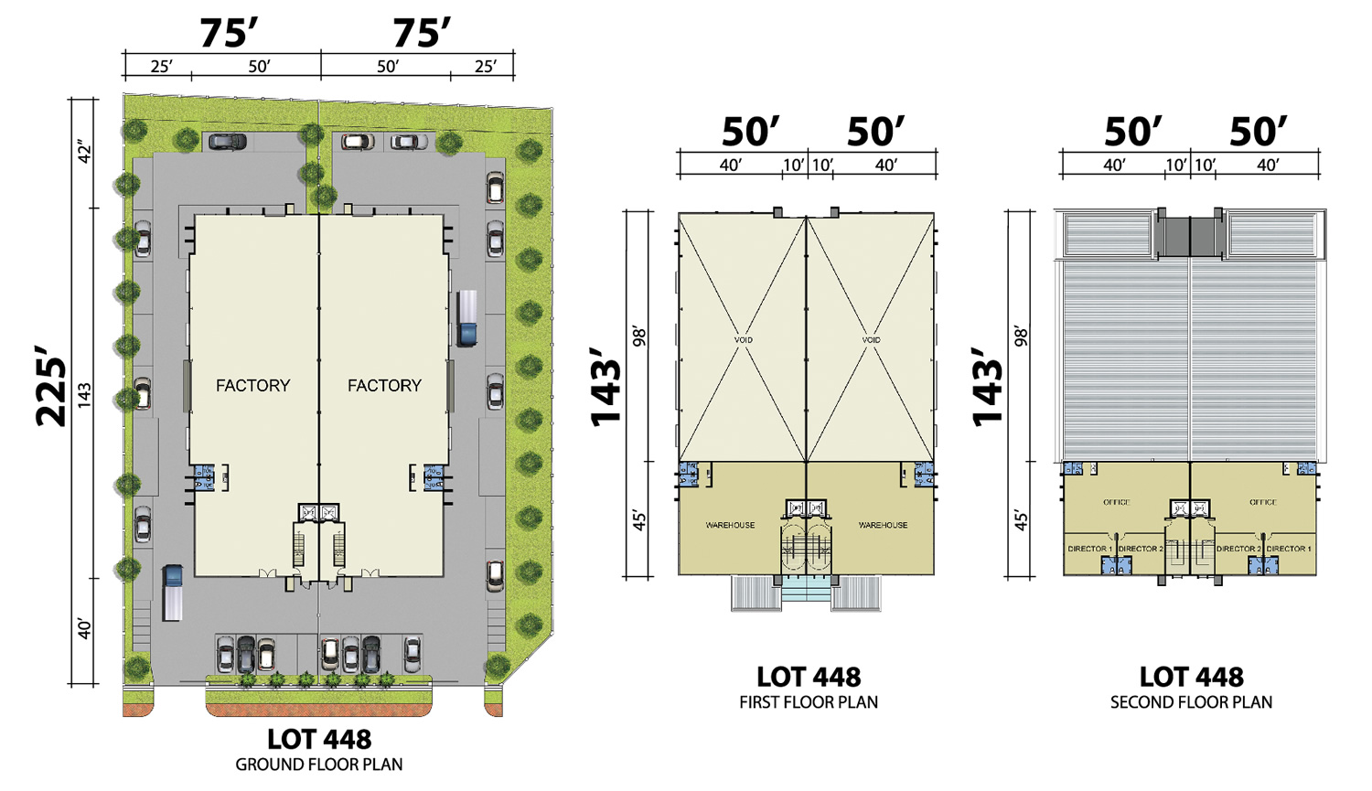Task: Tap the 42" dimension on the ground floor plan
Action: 84,153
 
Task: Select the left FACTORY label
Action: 253,385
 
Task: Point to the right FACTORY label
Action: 385,385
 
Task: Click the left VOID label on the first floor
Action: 743,340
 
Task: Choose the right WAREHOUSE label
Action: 883,525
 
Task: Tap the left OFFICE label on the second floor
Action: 1117,502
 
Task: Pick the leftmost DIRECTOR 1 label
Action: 1089,549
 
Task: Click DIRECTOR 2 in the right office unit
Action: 1238,549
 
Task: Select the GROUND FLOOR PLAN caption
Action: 319,764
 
